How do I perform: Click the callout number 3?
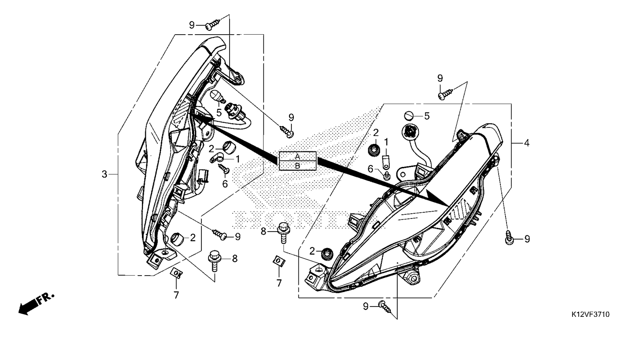(x=104, y=174)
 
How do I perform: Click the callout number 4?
(x=527, y=143)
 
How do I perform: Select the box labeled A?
(x=298, y=156)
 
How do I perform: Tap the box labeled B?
(x=298, y=165)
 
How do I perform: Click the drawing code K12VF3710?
(x=590, y=314)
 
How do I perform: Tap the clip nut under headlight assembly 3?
(x=176, y=272)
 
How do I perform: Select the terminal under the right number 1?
(x=386, y=162)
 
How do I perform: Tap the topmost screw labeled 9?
(x=214, y=24)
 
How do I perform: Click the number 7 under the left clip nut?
(x=176, y=295)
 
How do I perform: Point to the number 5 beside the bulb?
(x=218, y=113)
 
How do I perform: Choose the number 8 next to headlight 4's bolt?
(x=263, y=231)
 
